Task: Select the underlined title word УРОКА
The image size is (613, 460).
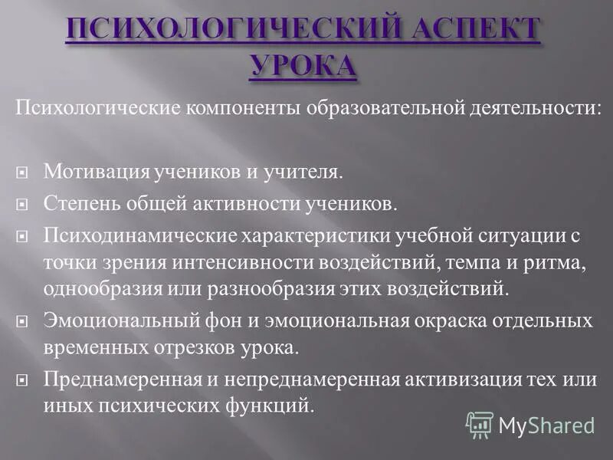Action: tap(303, 67)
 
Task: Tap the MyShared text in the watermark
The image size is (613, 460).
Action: tap(546, 426)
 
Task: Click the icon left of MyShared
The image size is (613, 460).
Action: tap(480, 424)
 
